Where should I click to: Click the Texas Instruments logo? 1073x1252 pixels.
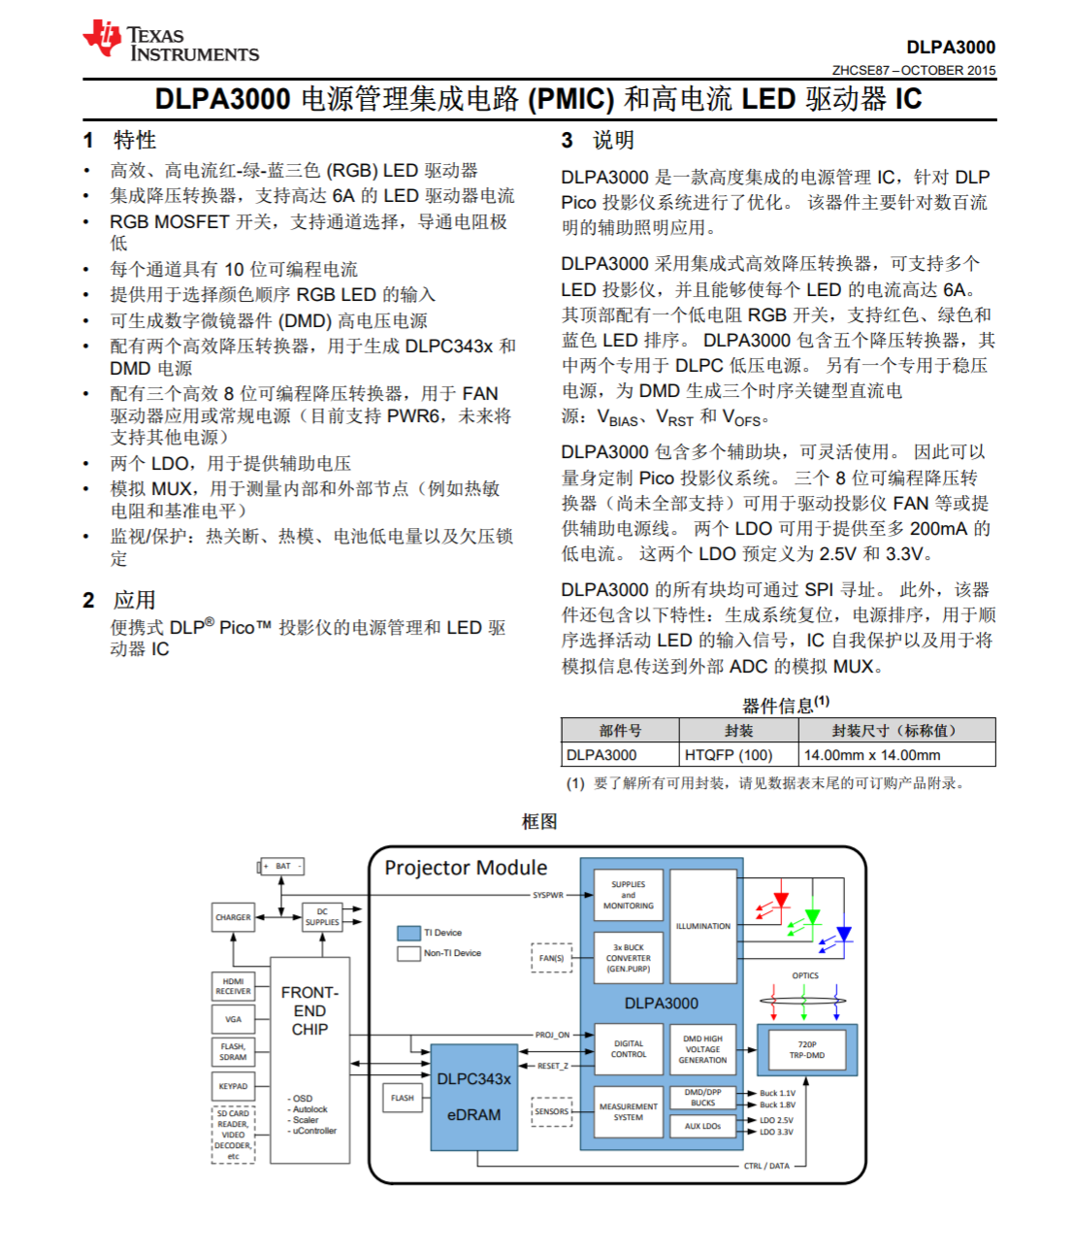(171, 42)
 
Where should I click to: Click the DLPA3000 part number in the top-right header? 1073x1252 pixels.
(950, 48)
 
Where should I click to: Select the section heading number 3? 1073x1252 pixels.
(567, 141)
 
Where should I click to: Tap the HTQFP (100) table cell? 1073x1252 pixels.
(729, 755)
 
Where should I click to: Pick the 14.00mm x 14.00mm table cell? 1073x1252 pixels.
(871, 755)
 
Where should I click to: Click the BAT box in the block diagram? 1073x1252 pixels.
(282, 866)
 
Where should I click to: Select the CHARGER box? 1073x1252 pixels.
(233, 917)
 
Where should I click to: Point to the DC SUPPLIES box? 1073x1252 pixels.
(322, 917)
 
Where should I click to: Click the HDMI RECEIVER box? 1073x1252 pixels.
(233, 986)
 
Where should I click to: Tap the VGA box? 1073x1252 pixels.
(233, 1019)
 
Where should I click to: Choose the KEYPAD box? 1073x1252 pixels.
(233, 1086)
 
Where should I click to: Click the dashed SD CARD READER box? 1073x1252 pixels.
(233, 1135)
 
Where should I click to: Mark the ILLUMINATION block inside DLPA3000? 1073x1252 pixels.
(703, 926)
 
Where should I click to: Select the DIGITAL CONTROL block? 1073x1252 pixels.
(628, 1049)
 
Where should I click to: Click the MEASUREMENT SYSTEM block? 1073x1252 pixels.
(628, 1112)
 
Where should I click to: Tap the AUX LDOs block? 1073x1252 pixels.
(702, 1126)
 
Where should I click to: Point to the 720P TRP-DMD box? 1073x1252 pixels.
(806, 1050)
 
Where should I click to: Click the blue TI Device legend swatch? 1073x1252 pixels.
(408, 933)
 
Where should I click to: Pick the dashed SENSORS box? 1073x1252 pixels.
(552, 1111)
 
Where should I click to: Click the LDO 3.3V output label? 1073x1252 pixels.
(776, 1132)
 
